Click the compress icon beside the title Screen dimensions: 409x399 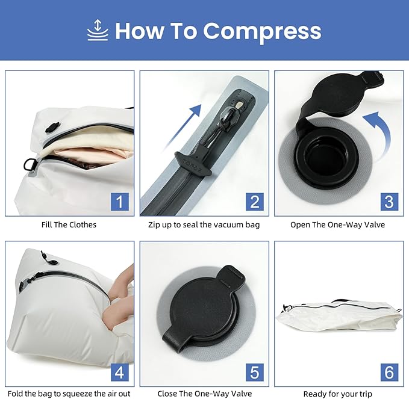pos(98,30)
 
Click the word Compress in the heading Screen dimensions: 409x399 pos(262,31)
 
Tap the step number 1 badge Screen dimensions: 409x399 pos(120,202)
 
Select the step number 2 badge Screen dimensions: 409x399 pos(255,202)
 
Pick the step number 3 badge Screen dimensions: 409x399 pos(389,202)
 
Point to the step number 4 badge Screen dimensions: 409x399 pos(120,372)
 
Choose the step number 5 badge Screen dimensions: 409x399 pos(255,372)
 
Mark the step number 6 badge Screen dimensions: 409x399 pos(389,372)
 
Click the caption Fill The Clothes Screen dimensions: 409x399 pos(69,224)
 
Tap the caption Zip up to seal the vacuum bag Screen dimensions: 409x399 pos(204,224)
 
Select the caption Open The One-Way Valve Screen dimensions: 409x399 pos(337,224)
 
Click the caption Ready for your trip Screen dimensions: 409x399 pos(337,394)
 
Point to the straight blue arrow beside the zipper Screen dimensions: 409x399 pos(183,127)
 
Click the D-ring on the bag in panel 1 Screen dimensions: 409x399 pos(29,164)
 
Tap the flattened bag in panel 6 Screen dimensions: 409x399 pos(339,316)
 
